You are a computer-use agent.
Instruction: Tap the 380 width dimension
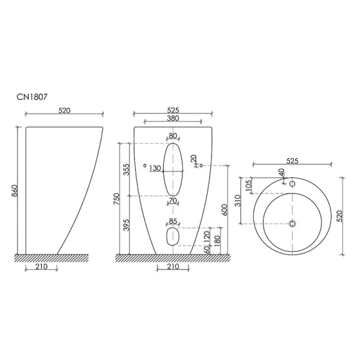[173, 119]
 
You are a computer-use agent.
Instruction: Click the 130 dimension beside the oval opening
[155, 169]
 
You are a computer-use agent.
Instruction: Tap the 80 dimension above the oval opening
[173, 136]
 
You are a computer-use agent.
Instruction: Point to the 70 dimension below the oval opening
[173, 200]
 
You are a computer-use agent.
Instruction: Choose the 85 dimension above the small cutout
[173, 221]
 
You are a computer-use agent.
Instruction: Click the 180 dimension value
[216, 240]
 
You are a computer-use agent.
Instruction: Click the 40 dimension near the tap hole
[281, 172]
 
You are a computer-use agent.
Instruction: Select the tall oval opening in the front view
[173, 170]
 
